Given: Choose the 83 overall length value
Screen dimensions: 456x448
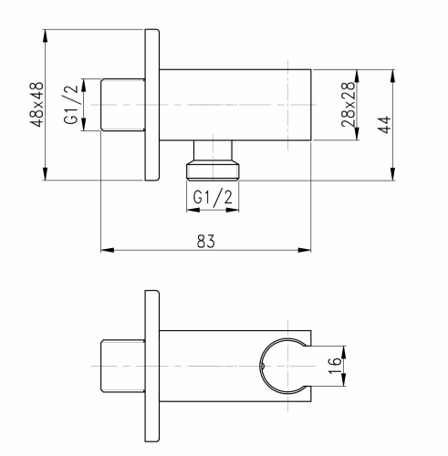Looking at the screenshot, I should pos(205,239).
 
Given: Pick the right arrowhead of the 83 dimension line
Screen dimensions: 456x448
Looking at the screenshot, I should pos(310,249).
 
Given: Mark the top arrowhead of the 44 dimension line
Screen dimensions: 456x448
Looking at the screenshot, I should pos(393,73).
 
